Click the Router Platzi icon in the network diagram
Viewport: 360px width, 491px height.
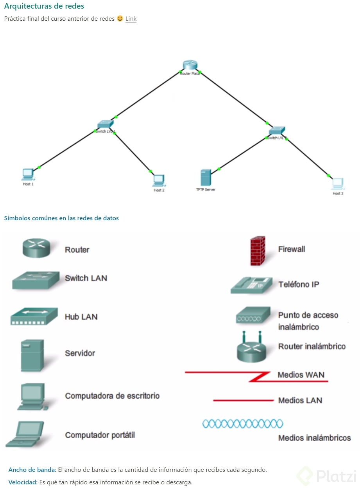(x=190, y=66)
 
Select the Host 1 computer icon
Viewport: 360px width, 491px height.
(x=27, y=174)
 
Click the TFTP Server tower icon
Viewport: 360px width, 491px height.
(x=206, y=178)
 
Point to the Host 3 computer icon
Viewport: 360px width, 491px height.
(x=337, y=183)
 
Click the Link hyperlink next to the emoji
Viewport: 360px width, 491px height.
(x=131, y=19)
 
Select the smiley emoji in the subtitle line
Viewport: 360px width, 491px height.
(x=120, y=18)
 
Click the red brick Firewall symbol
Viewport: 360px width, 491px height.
(x=258, y=251)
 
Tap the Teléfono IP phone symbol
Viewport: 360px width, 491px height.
(x=251, y=285)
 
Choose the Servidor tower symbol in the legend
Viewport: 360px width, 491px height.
(x=32, y=355)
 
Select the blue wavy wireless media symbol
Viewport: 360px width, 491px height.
(x=243, y=423)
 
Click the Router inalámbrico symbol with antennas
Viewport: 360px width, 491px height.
(x=251, y=347)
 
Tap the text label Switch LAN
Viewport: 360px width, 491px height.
(x=86, y=278)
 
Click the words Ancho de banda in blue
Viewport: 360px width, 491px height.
(x=32, y=470)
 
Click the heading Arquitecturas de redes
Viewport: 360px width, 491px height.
(x=44, y=6)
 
